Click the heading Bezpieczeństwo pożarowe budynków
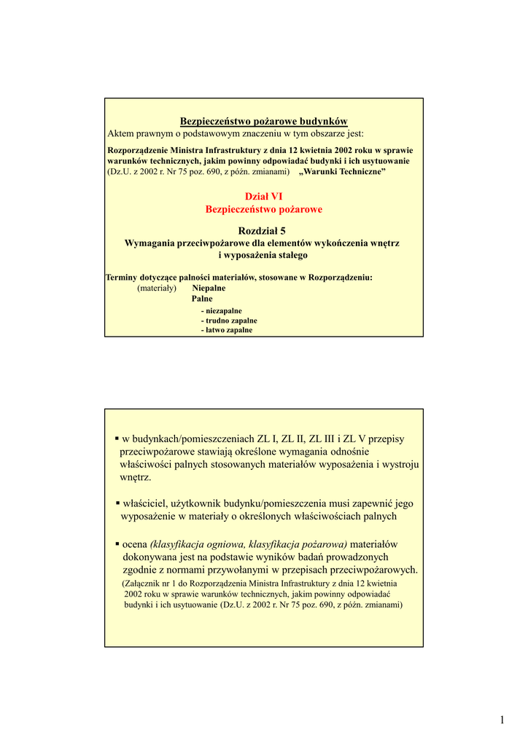(264, 121)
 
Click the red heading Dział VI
(263, 196)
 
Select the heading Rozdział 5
(263, 230)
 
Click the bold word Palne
(202, 299)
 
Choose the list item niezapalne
(222, 310)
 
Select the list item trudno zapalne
(229, 321)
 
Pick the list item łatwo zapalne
(227, 330)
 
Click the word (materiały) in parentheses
(157, 288)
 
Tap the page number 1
(502, 721)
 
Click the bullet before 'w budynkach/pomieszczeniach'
(117, 439)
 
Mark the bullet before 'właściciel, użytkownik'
(117, 503)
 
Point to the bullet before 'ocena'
(117, 545)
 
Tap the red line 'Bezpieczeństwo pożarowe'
(263, 209)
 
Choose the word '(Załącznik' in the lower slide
(146, 584)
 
